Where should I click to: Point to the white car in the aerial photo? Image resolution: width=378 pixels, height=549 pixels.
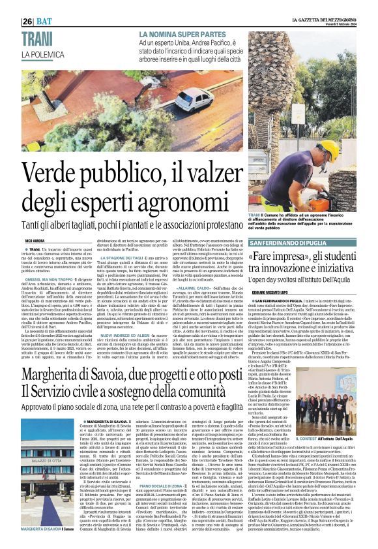(190, 97)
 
